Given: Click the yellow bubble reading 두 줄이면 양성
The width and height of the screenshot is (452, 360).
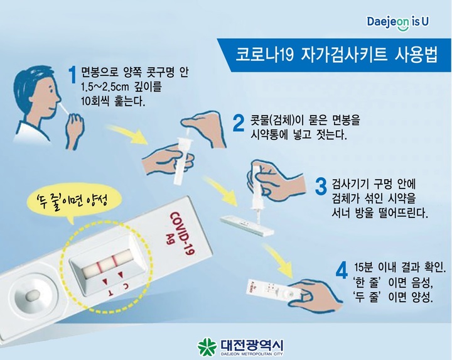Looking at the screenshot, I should coord(74,202).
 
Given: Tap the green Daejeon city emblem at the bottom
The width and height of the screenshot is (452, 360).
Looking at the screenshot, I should coord(207,346).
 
